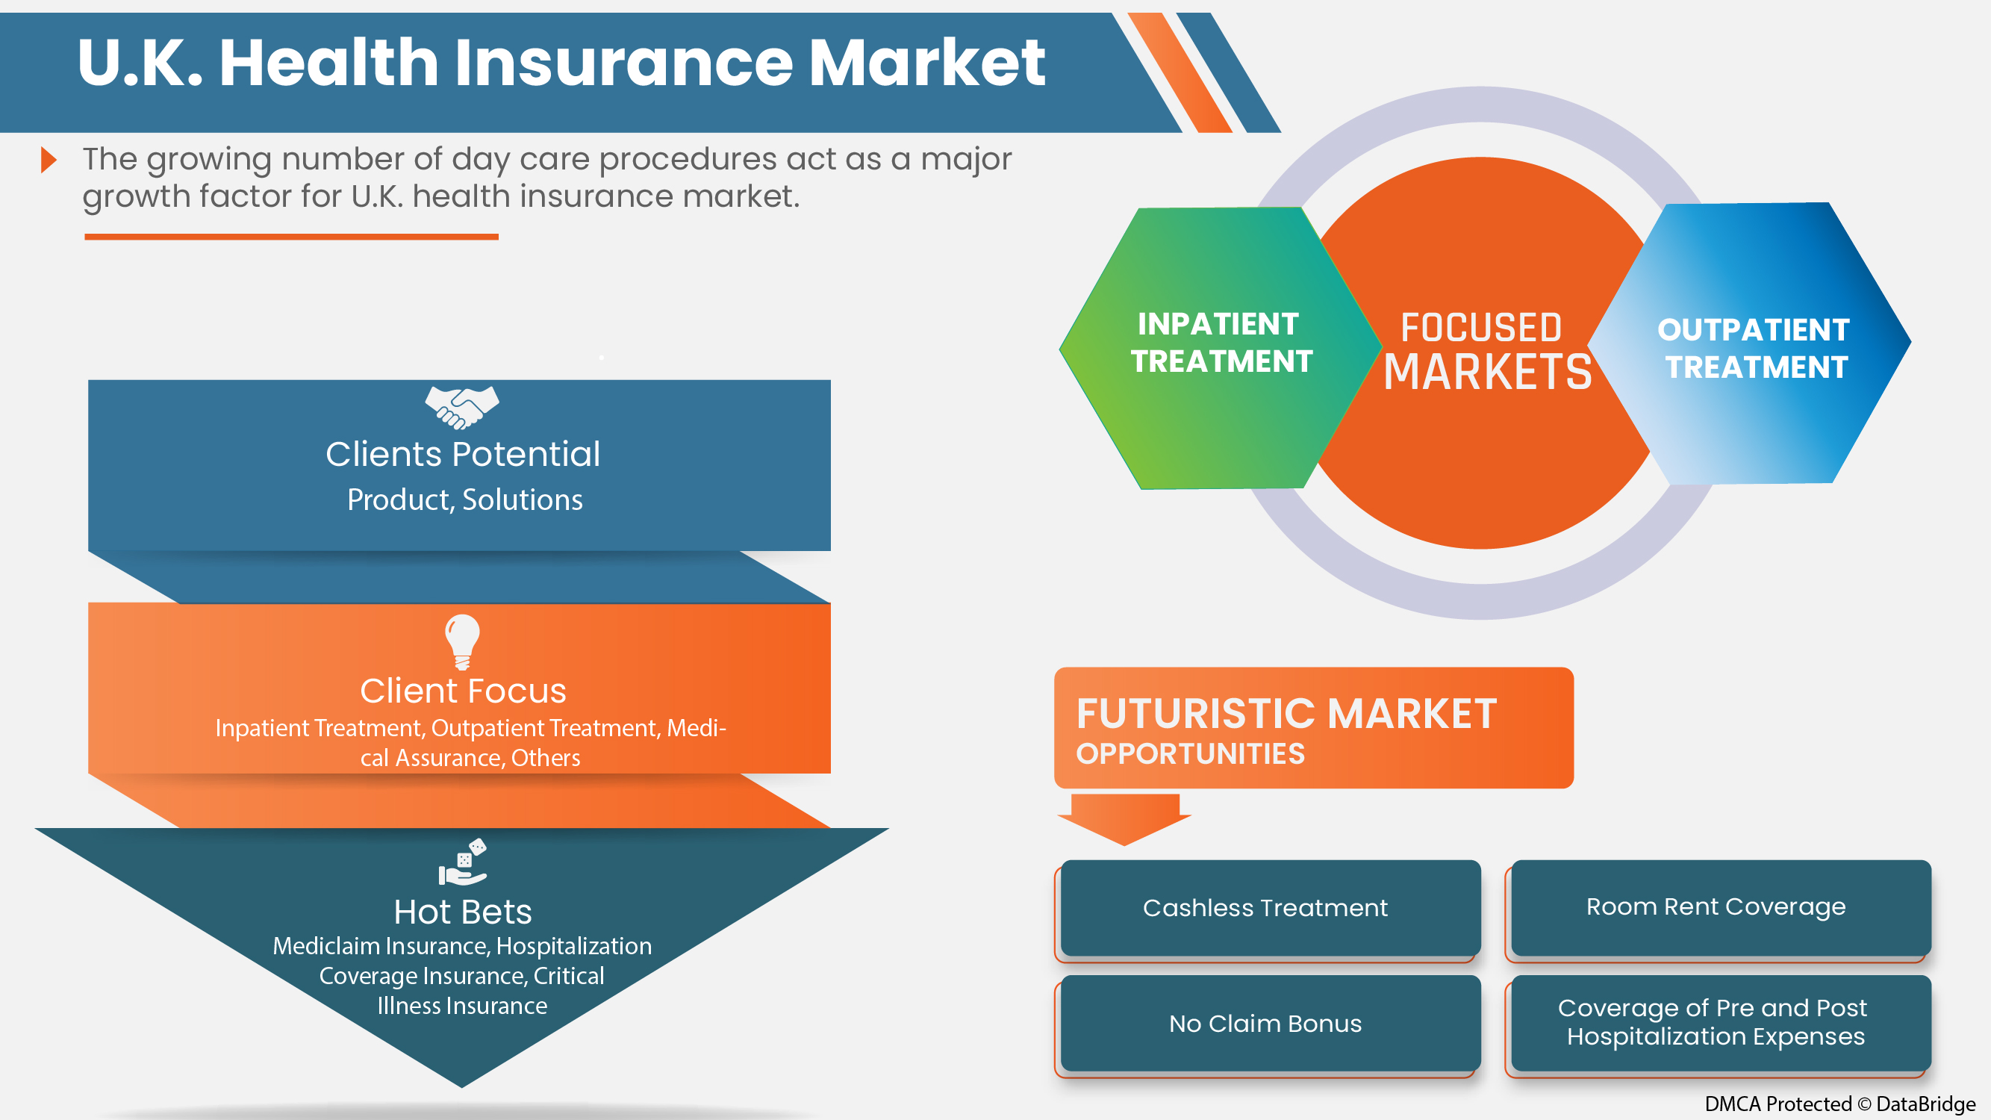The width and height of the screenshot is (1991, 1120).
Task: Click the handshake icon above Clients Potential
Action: click(x=461, y=407)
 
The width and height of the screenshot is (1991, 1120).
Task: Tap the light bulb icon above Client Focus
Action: click(x=462, y=641)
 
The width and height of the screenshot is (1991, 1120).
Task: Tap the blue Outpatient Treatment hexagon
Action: click(x=1753, y=348)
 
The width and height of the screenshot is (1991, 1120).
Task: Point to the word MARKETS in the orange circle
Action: click(x=1487, y=373)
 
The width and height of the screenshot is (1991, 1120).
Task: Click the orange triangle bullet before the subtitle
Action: click(x=49, y=160)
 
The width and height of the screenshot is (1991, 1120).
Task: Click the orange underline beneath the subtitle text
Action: click(x=291, y=237)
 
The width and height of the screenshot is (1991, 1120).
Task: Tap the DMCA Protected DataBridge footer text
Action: click(x=1839, y=1104)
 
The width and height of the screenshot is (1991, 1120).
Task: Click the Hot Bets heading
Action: click(x=462, y=912)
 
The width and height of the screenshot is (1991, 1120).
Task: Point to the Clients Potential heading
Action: click(x=462, y=454)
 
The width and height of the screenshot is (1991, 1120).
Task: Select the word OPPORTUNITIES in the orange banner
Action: click(x=1190, y=754)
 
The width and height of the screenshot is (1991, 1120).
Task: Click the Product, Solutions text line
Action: click(x=464, y=500)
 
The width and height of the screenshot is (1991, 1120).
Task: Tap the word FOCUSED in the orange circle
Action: click(x=1481, y=328)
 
